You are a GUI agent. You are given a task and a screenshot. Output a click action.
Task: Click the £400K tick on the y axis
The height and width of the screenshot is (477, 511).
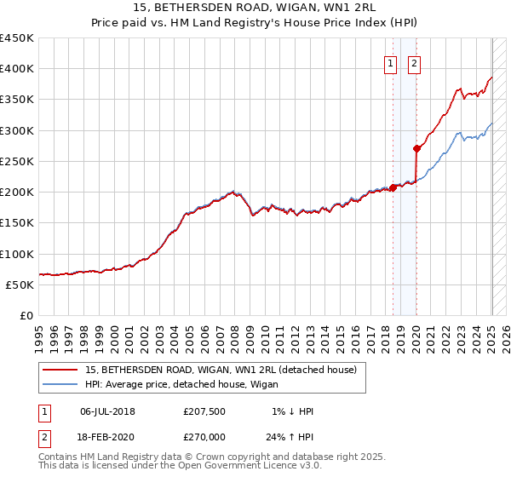[x=16, y=69]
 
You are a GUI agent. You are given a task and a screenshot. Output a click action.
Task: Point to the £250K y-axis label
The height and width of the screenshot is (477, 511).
[x=16, y=161]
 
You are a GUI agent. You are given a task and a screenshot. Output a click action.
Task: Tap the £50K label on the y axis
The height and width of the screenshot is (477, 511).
[x=20, y=284]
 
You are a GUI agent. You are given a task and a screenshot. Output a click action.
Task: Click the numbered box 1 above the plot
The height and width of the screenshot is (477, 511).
[x=391, y=62]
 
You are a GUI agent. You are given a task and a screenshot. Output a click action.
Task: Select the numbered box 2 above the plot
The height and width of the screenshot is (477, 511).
[x=415, y=62]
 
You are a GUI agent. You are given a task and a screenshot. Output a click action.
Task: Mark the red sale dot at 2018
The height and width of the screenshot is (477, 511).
[x=393, y=187]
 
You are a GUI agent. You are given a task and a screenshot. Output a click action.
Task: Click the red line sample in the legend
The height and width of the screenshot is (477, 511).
[x=59, y=370]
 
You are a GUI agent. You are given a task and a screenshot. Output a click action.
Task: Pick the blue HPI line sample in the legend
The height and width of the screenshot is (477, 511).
[x=59, y=384]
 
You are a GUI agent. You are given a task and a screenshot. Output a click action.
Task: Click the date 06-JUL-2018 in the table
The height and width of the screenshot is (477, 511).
[x=107, y=411]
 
